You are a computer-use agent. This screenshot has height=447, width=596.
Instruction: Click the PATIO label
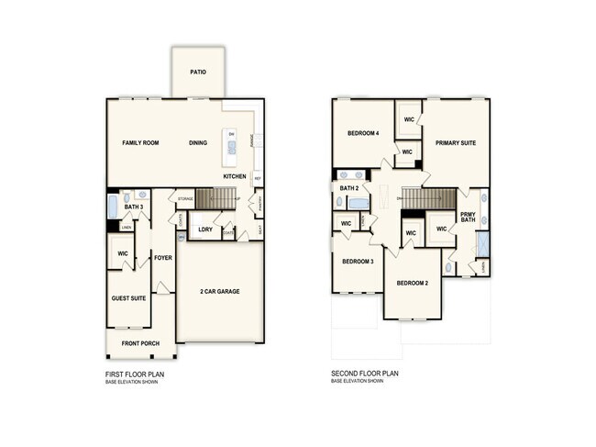coord(197,70)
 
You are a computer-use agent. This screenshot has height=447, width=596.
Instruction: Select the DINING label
coord(198,143)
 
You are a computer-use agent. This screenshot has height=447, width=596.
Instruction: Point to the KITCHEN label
coord(234,176)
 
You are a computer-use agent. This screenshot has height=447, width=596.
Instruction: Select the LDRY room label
coord(205,229)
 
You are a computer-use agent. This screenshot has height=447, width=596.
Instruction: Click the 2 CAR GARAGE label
coord(220,291)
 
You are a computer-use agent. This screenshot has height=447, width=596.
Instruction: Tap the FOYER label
coord(163,258)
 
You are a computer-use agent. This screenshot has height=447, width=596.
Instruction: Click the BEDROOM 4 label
coord(363,134)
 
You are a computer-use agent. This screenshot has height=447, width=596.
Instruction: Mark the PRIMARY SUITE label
coord(456,143)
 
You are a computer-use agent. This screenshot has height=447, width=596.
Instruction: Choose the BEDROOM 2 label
coord(413,284)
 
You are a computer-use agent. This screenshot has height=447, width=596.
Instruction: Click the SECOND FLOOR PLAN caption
coord(365,374)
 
